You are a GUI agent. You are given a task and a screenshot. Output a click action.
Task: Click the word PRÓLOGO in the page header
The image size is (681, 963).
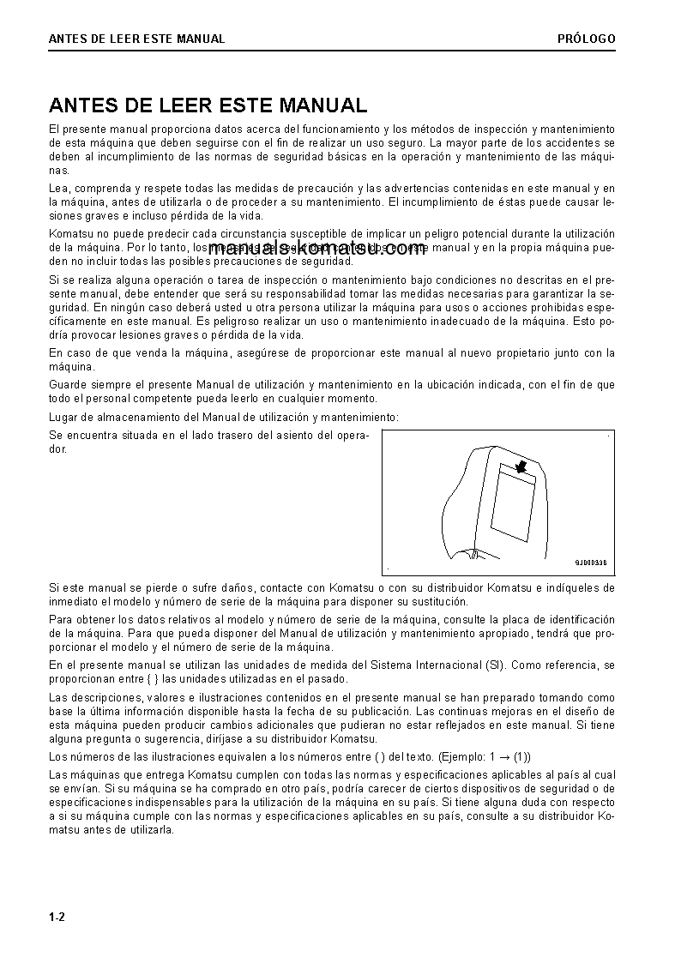click(586, 39)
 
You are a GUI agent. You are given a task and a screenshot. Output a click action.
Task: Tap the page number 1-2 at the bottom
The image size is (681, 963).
click(57, 917)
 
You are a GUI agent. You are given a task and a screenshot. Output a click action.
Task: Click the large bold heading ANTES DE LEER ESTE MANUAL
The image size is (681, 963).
click(208, 105)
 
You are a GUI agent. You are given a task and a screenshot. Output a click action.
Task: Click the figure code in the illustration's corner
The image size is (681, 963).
click(590, 563)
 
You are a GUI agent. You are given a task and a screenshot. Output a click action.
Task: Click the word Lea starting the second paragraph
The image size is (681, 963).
click(58, 188)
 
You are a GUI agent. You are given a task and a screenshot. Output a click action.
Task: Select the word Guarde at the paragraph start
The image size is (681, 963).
click(68, 385)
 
